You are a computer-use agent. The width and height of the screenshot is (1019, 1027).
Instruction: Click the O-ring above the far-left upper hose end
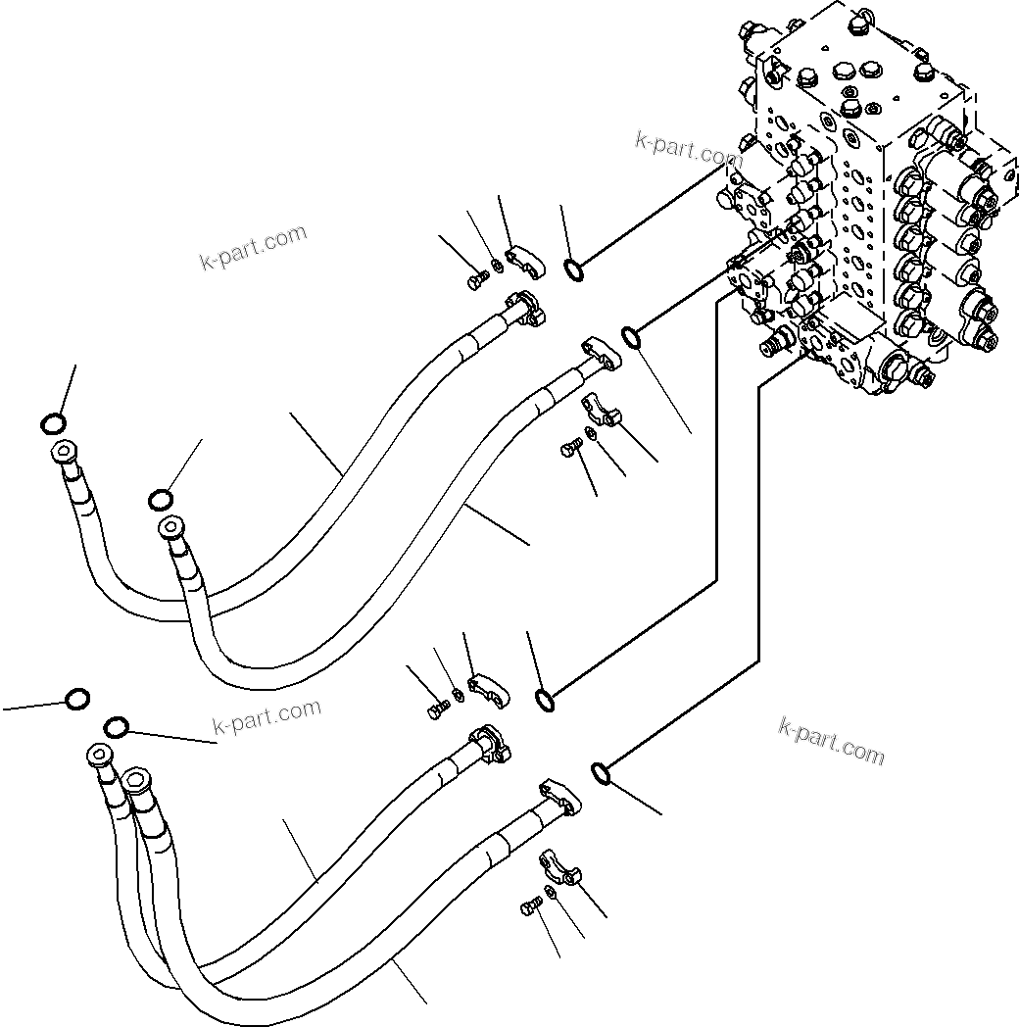coord(54,423)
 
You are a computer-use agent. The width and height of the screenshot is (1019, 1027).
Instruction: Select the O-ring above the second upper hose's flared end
coord(161,501)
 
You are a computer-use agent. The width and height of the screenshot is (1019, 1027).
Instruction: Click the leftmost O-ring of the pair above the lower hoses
coord(76,699)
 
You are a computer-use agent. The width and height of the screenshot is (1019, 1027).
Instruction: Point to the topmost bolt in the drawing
coord(477,282)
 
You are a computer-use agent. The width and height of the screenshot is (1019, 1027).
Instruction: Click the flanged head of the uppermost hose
coord(529,310)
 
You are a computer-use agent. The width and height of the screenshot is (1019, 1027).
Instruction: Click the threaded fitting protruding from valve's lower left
coord(776,343)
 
